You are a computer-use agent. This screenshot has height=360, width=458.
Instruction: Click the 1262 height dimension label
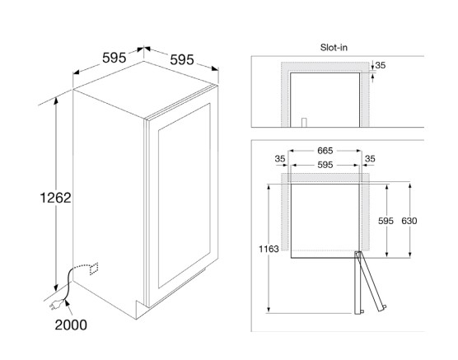click(55, 198)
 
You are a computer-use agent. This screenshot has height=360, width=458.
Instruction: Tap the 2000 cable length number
click(71, 325)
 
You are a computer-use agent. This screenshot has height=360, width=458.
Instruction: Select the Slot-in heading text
click(334, 47)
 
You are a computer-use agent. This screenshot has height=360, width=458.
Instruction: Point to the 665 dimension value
click(325, 151)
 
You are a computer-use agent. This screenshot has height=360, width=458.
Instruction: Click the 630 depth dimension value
click(409, 221)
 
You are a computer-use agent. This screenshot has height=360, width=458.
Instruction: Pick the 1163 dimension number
click(269, 249)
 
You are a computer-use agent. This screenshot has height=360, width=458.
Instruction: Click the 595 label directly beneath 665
click(325, 165)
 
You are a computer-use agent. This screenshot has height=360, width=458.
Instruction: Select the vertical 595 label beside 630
click(386, 221)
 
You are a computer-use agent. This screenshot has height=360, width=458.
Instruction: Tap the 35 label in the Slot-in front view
click(381, 65)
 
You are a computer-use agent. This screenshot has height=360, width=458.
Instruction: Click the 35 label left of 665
click(280, 159)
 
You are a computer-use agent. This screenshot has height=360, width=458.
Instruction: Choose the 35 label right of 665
click(370, 159)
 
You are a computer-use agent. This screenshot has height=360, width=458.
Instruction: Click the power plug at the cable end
click(56, 305)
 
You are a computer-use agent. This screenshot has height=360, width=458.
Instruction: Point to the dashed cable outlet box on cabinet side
click(94, 269)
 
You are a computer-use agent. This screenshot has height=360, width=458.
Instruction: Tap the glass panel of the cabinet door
click(185, 195)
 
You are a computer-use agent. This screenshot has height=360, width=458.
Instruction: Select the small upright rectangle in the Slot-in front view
click(304, 123)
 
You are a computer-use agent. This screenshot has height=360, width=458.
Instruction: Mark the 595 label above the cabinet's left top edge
click(114, 58)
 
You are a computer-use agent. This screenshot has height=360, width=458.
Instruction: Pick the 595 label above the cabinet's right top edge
click(182, 60)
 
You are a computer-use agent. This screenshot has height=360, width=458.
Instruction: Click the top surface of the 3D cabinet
click(145, 89)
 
